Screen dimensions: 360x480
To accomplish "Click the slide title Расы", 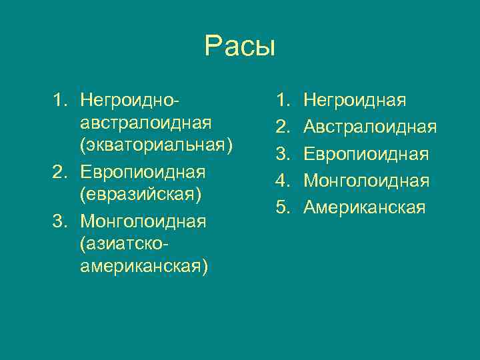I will [x=239, y=47].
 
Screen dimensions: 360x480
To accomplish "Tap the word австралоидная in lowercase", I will [x=145, y=123].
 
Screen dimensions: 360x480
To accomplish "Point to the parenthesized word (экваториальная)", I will [x=156, y=147].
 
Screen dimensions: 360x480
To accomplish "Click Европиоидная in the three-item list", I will [x=142, y=171].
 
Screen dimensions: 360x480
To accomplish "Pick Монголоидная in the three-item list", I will [x=143, y=219].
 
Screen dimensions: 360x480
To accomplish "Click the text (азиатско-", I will [x=123, y=243].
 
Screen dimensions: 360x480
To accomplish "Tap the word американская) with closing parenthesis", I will [x=143, y=267].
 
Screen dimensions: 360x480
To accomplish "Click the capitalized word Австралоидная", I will [x=370, y=127].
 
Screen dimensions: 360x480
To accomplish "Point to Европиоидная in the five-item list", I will [x=366, y=154].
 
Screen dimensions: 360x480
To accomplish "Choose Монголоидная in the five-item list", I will [x=366, y=181].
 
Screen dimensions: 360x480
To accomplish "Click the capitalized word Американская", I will [x=364, y=207].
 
